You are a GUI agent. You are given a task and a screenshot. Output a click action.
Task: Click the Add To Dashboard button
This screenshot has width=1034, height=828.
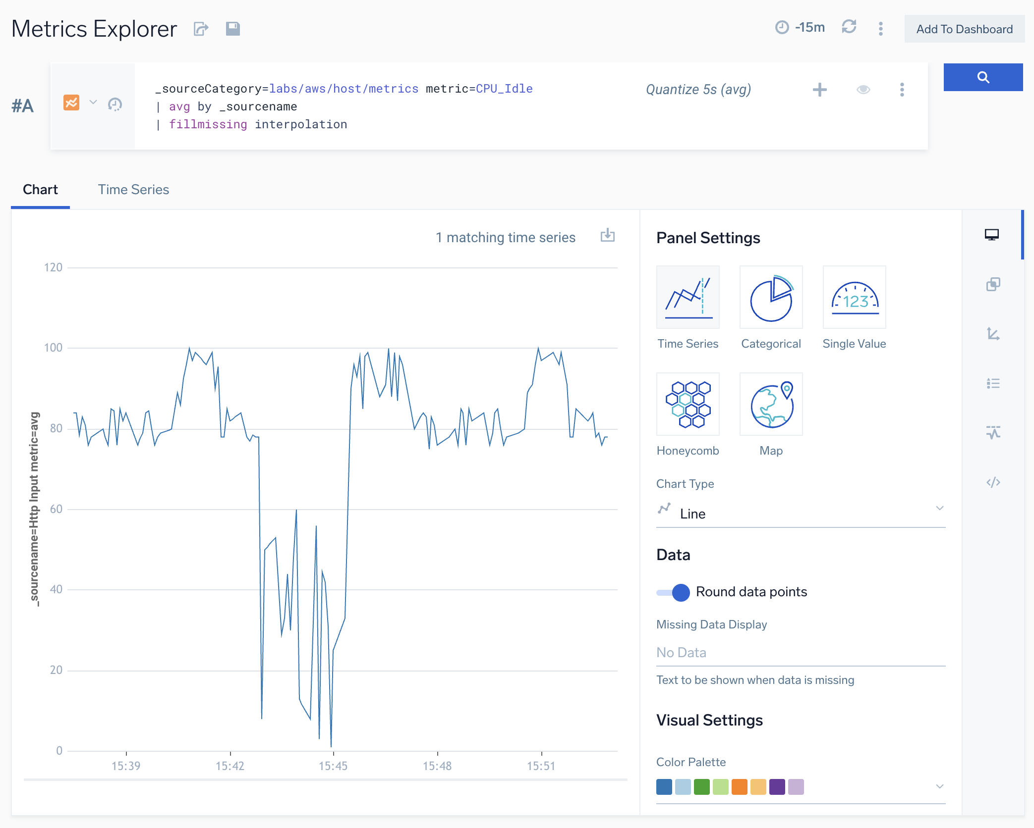(964, 29)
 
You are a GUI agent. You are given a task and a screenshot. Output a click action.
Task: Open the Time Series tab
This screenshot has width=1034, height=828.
(133, 190)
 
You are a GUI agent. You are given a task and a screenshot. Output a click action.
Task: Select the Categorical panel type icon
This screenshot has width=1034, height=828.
(771, 298)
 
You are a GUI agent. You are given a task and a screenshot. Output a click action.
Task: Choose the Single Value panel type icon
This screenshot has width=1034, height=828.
(854, 298)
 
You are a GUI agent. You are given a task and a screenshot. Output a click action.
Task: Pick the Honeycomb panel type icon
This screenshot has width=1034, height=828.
(688, 405)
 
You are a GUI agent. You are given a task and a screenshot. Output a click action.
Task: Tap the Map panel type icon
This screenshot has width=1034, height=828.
(771, 405)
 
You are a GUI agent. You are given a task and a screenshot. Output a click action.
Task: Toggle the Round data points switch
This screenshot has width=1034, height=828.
(674, 592)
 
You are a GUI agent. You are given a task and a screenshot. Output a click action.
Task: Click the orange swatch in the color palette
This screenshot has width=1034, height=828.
(739, 787)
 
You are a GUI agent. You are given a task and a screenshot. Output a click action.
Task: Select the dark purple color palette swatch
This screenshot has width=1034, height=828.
(777, 787)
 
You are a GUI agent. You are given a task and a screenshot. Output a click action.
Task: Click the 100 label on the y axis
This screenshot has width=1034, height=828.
(53, 348)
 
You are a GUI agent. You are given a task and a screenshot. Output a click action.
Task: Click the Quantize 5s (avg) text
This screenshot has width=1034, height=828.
(698, 90)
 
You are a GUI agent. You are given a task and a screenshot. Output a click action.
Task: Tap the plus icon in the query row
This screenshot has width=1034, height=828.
(819, 90)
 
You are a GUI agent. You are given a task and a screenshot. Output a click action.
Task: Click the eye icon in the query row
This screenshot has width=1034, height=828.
(863, 90)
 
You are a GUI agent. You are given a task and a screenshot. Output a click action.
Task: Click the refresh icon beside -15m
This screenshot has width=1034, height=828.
(849, 27)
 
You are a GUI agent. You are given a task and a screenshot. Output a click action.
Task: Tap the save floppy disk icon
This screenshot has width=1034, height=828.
(232, 29)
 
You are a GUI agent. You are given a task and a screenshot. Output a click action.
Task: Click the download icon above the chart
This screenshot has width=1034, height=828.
(607, 236)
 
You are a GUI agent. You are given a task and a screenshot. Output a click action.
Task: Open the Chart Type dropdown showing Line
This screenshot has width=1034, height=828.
(800, 514)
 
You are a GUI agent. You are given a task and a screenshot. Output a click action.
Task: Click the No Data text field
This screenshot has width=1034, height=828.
(800, 653)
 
